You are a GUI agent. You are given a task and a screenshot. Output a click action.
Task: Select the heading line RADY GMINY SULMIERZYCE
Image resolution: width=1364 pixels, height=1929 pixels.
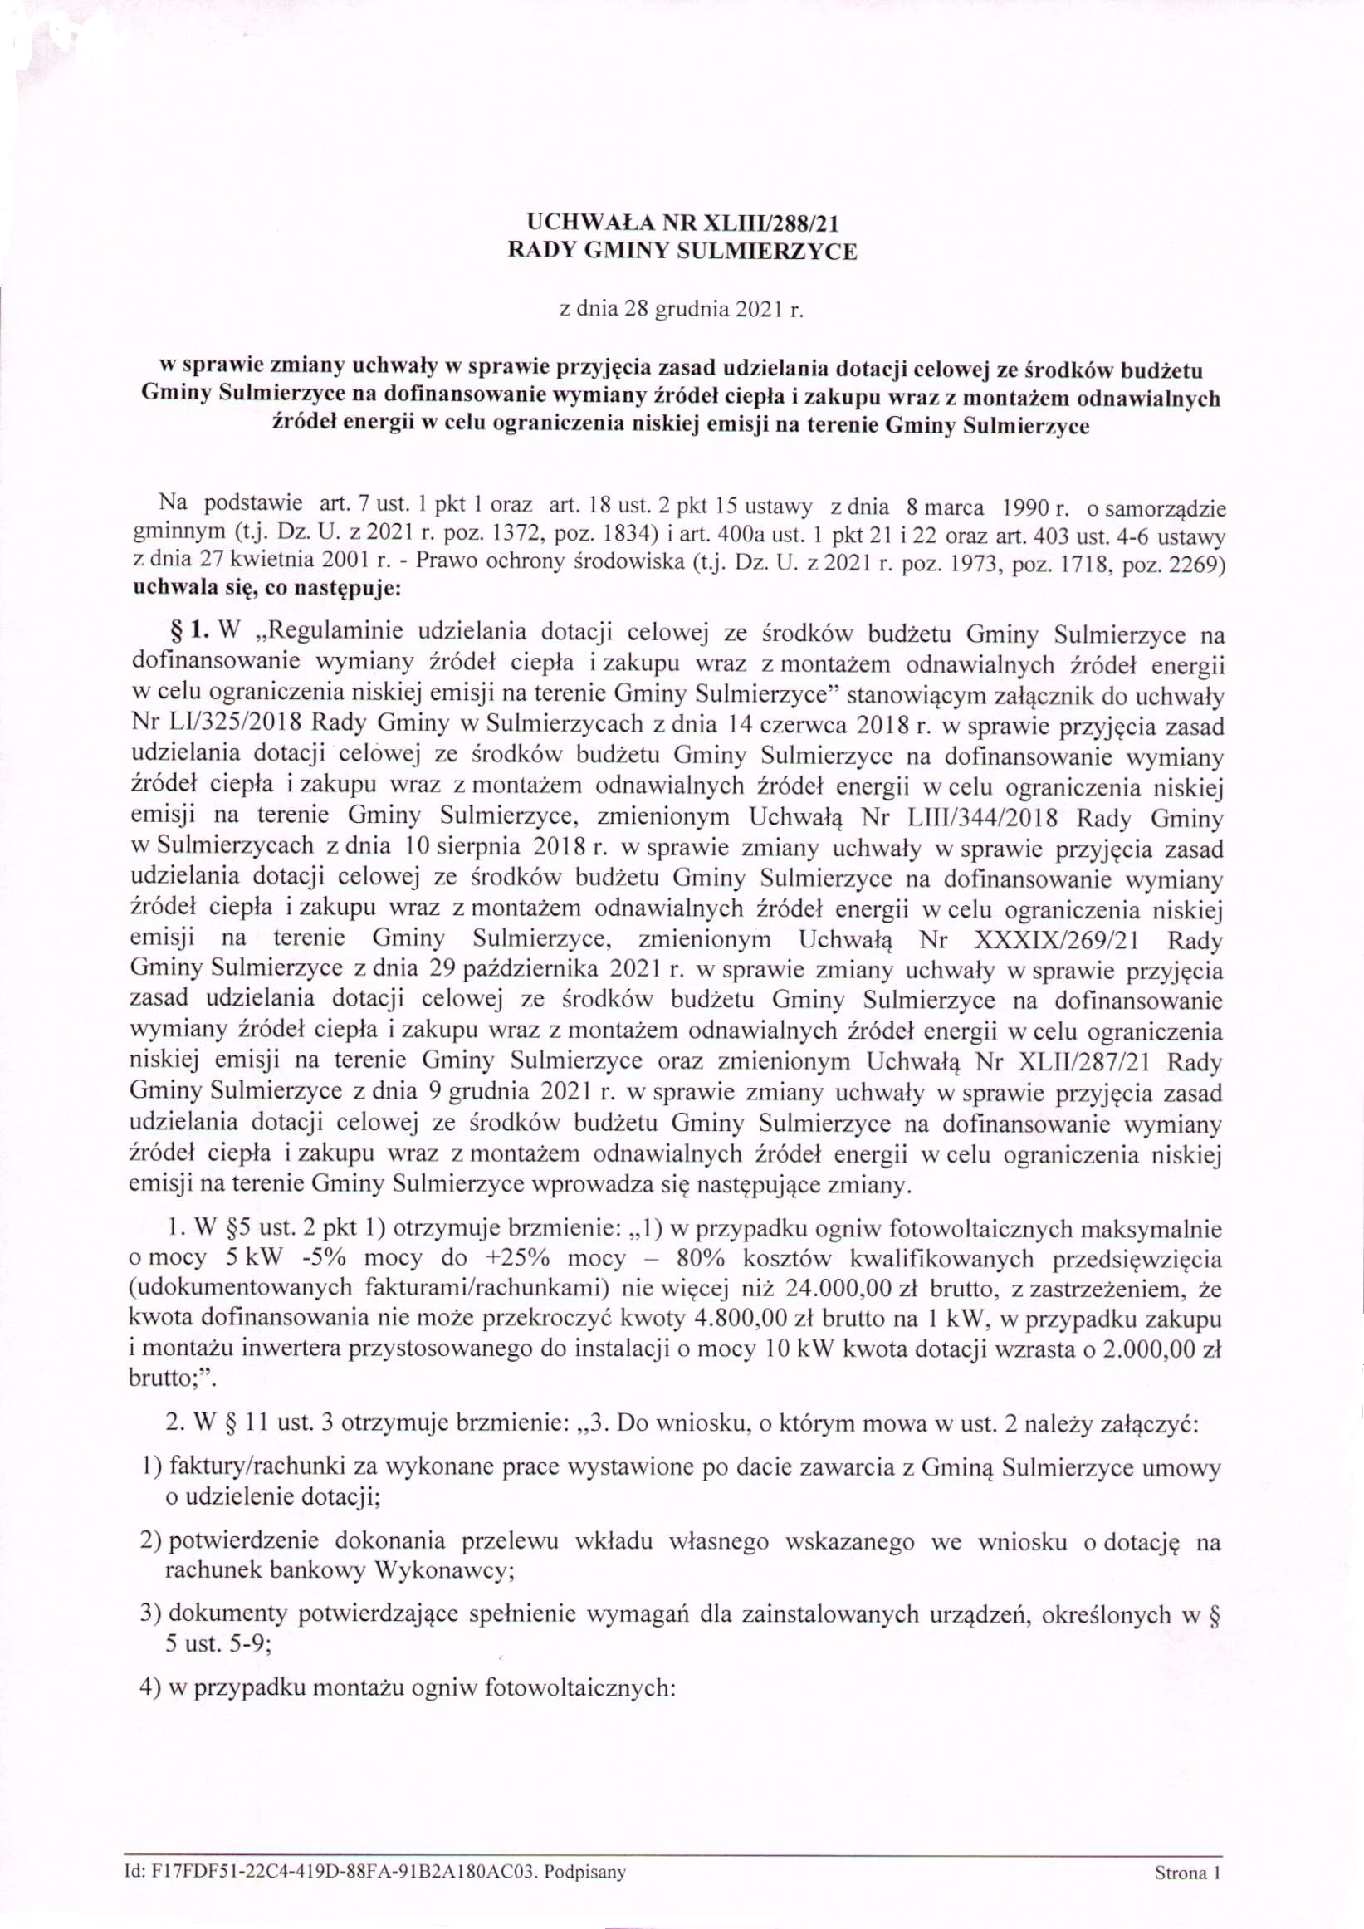click(x=684, y=252)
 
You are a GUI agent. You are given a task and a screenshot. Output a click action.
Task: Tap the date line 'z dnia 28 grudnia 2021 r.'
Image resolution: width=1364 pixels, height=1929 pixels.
click(x=682, y=311)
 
